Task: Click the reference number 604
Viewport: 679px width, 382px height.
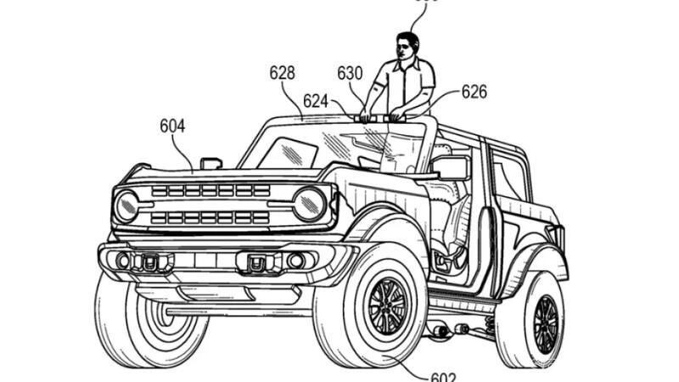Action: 172,126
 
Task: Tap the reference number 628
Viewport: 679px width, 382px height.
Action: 283,73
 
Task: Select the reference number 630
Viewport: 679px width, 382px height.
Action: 350,74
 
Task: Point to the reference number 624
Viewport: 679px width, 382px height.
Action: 316,101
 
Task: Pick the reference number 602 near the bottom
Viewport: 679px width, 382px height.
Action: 442,376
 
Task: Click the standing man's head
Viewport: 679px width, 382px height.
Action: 408,47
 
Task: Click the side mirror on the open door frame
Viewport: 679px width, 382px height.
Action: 452,167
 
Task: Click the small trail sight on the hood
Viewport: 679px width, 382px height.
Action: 210,162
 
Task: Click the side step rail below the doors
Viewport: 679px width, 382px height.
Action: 463,301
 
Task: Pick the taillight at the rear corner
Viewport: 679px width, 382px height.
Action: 555,239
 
